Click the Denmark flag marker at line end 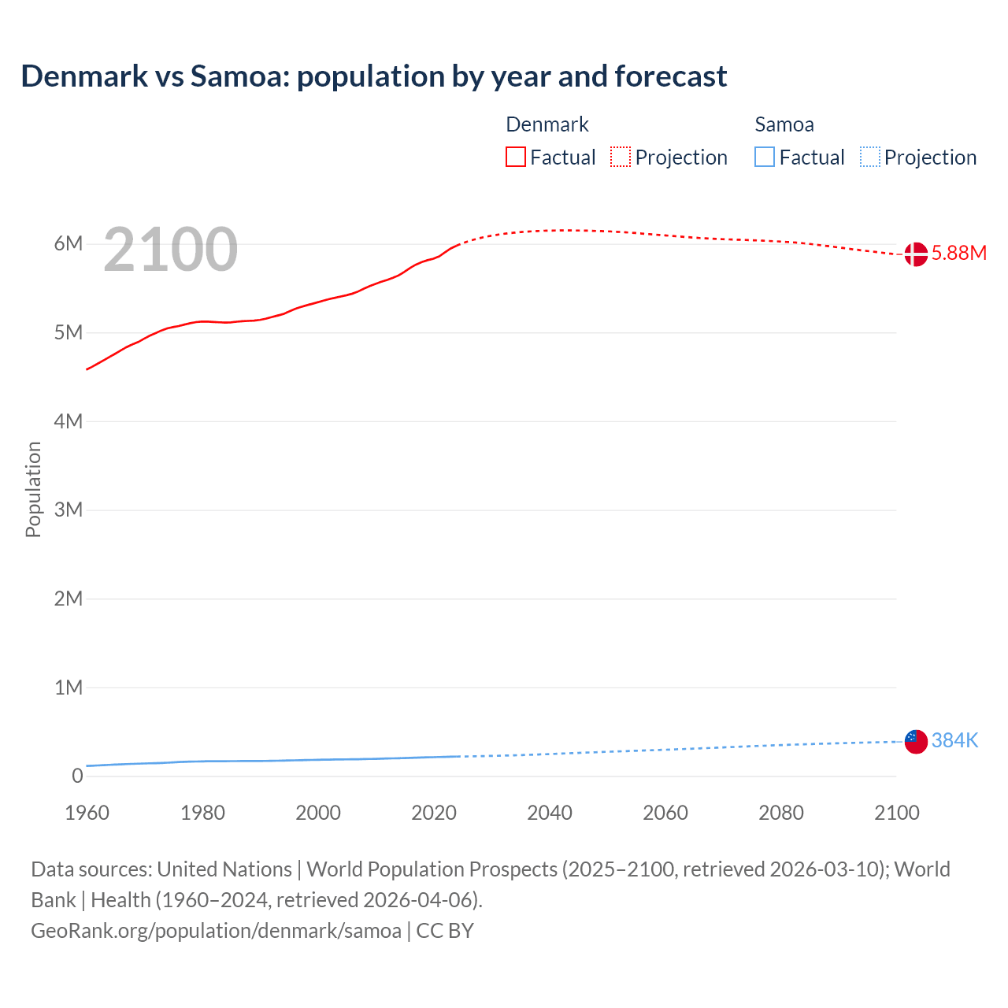click(x=915, y=254)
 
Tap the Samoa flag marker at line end click(x=915, y=741)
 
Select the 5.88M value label click(x=958, y=253)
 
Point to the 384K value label click(x=954, y=740)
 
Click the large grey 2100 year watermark click(x=170, y=250)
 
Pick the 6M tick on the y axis click(x=69, y=243)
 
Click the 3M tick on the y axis click(x=69, y=510)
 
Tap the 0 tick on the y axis click(x=77, y=776)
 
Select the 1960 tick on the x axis click(x=87, y=813)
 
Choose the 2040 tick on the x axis click(x=550, y=813)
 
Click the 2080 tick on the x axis click(x=781, y=813)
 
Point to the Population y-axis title click(x=33, y=489)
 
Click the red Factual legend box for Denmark click(x=515, y=157)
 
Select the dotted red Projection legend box click(x=621, y=157)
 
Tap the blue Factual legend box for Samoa click(x=765, y=157)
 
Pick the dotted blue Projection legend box click(x=870, y=157)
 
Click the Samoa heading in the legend click(x=784, y=124)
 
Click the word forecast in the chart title click(x=670, y=76)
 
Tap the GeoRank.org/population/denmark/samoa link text click(x=216, y=930)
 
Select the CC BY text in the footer click(x=445, y=930)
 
